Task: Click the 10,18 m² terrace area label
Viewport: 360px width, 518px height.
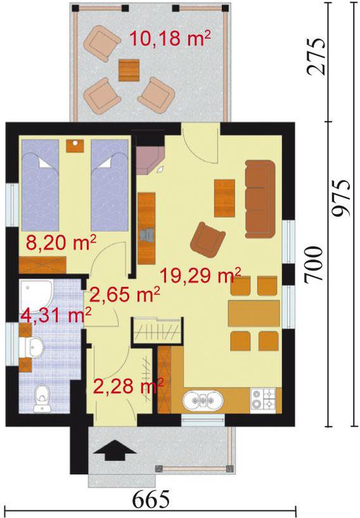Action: click(170, 39)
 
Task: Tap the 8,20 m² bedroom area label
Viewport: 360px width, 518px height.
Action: click(61, 244)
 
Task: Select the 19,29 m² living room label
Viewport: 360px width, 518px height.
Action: click(200, 275)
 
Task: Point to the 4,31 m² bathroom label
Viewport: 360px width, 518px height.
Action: click(56, 315)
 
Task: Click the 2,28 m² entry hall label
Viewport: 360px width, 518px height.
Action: click(128, 386)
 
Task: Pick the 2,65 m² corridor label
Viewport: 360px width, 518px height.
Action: click(125, 294)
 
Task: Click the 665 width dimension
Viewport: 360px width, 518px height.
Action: click(151, 500)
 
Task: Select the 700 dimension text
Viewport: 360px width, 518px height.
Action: click(313, 265)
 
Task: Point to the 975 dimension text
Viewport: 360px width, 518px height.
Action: click(341, 198)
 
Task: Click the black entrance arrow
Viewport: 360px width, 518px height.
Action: click(115, 450)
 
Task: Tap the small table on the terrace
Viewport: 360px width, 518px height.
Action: click(129, 70)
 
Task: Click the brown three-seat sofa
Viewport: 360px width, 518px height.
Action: click(260, 199)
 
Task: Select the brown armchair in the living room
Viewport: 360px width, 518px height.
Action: click(208, 240)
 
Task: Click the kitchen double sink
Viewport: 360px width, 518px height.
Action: click(202, 401)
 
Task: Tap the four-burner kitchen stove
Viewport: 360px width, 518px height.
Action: click(263, 399)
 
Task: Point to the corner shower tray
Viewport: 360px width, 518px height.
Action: click(36, 293)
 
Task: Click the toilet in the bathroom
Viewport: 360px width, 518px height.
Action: click(42, 398)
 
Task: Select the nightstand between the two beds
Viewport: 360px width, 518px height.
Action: click(75, 146)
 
